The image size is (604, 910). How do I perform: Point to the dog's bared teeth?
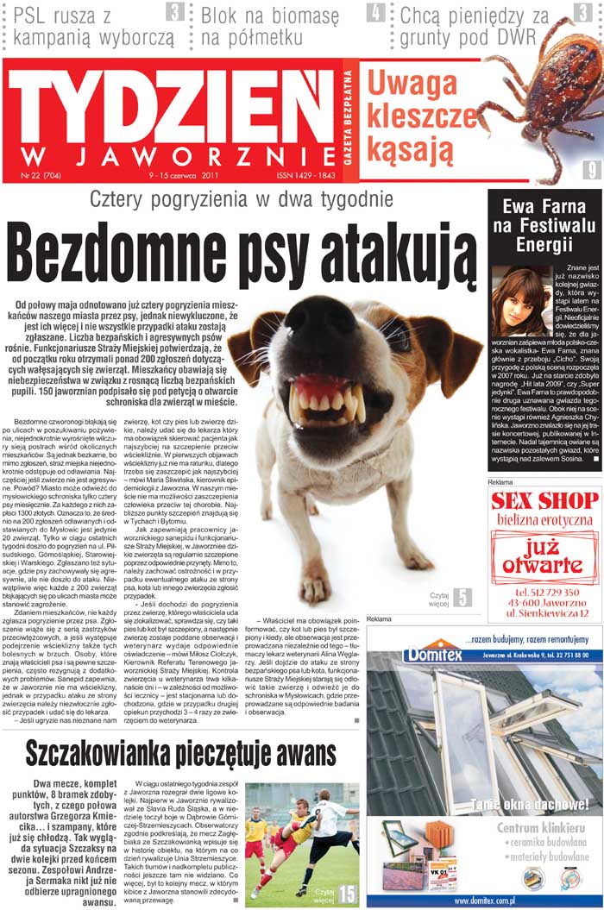coord(327,400)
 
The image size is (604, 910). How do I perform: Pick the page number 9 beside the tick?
coord(591,171)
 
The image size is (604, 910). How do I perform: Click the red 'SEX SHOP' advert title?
coord(544,501)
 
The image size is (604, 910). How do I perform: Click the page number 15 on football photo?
coord(347,893)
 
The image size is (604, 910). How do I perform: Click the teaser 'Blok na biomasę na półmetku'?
coord(270,27)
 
